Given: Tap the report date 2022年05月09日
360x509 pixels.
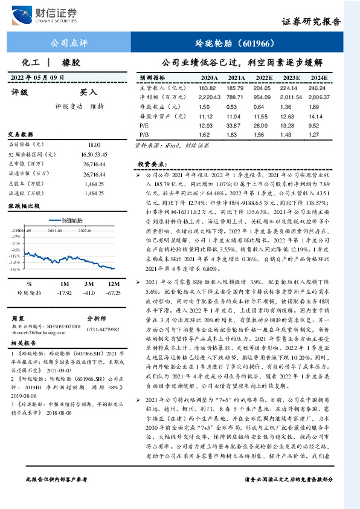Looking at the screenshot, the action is coord(37,77).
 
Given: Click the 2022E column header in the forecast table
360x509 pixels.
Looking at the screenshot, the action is coord(264,79).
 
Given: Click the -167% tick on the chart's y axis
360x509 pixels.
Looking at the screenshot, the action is coord(14,270).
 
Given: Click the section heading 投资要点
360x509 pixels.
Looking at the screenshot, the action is coord(151,164).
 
